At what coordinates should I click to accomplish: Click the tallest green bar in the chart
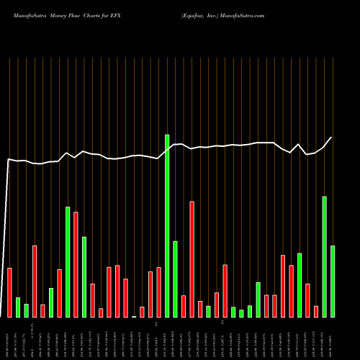[x=167, y=225]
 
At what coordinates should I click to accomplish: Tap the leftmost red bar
[x=10, y=292]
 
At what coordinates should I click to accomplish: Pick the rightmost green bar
[x=333, y=281]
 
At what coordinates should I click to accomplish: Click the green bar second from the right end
[x=325, y=256]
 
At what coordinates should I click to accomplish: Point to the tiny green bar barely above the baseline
[x=134, y=316]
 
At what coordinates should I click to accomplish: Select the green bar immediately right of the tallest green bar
[x=175, y=279]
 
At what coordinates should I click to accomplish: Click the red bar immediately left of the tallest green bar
[x=158, y=292]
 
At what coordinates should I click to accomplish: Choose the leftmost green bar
[x=18, y=307]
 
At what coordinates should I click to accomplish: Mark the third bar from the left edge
[x=27, y=310]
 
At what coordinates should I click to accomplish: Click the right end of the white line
[x=332, y=137]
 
